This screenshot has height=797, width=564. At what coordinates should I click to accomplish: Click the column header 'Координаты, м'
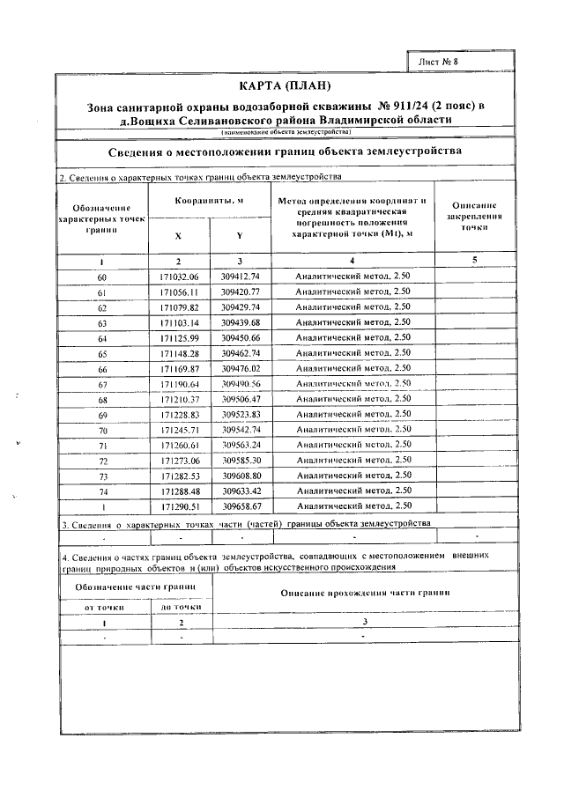208,201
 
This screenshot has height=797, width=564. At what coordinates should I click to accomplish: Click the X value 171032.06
180,277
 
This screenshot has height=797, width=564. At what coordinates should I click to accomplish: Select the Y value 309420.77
240,291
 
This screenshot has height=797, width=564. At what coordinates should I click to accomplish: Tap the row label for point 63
102,322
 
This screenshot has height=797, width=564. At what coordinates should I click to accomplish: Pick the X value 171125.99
180,337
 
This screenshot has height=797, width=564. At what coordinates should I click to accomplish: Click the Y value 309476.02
240,368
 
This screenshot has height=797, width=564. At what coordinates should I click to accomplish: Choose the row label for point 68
102,399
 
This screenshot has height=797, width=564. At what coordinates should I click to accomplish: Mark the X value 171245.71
180,429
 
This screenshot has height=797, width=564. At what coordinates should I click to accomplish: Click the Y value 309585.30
240,460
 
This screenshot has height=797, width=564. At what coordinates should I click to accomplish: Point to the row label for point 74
102,491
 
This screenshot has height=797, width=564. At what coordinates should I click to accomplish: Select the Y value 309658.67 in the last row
240,506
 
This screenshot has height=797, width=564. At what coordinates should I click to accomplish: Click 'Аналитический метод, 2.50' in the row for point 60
353,277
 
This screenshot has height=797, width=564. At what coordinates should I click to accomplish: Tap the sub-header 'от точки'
104,606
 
